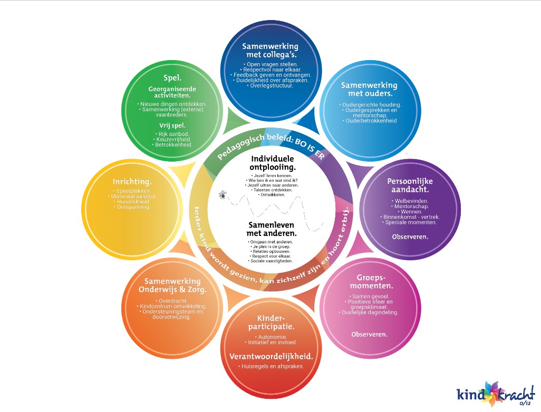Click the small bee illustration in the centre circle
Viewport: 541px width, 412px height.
(223, 195)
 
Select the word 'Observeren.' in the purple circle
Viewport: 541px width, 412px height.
(410, 237)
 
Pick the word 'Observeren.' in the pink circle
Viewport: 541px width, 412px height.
(369, 334)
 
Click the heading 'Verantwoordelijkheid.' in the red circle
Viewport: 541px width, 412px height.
(271, 356)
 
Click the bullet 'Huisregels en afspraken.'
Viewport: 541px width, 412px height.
(271, 366)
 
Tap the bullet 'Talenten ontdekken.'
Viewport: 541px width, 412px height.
(272, 190)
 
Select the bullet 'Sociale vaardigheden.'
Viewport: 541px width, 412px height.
(272, 261)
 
